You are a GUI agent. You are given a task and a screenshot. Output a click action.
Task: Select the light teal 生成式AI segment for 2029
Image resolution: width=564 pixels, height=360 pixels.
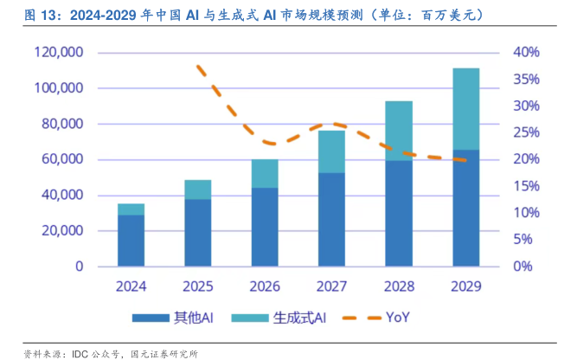click(x=465, y=108)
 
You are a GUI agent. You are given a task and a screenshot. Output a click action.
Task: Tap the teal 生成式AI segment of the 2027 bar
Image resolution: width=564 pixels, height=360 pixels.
click(x=331, y=151)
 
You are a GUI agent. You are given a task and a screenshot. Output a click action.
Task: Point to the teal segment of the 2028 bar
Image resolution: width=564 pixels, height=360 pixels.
click(x=399, y=131)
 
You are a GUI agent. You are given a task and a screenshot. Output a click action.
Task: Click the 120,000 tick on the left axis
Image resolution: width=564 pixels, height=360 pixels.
click(x=59, y=53)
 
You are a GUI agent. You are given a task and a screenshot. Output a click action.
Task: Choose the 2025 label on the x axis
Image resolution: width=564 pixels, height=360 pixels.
click(x=198, y=286)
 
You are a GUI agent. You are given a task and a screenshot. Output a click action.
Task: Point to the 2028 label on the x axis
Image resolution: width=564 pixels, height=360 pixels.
click(x=399, y=286)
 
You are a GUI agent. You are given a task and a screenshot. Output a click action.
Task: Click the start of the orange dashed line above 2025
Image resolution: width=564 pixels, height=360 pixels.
click(x=198, y=66)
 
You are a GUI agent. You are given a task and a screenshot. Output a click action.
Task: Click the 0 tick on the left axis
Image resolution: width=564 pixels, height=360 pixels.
click(x=78, y=267)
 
